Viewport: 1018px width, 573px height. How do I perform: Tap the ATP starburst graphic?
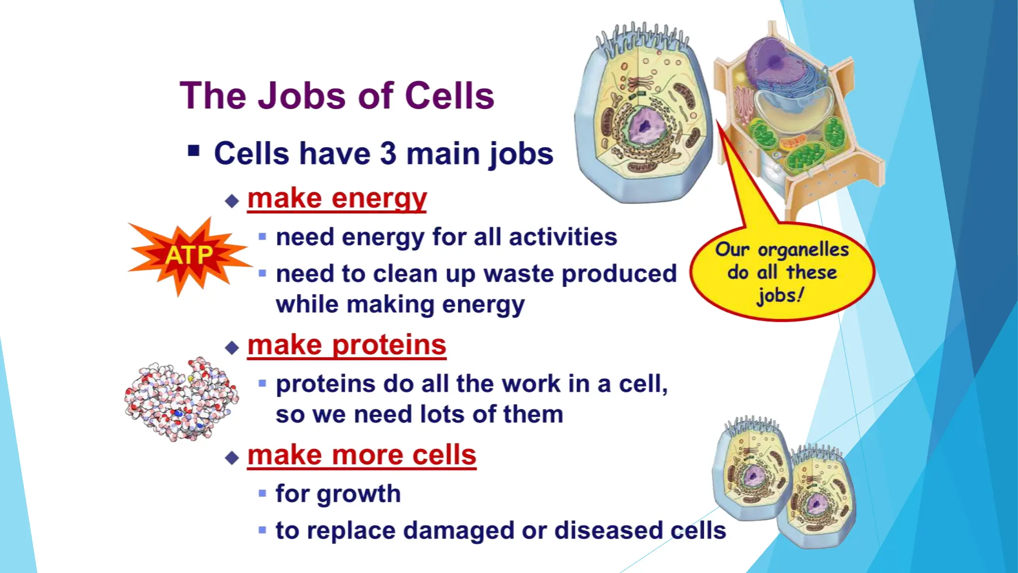pos(189,256)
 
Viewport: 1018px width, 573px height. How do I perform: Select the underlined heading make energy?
pos(337,199)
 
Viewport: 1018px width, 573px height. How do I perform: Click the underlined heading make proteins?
pos(347,345)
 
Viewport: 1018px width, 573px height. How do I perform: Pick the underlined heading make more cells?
pos(362,455)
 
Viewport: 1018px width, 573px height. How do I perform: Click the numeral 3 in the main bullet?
pos(388,153)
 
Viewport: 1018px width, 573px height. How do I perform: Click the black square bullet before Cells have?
pos(194,151)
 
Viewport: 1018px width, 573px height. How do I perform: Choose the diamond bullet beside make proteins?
pos(232,347)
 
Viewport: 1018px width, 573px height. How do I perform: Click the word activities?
pos(563,237)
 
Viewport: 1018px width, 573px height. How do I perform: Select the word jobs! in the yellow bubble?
pos(779,295)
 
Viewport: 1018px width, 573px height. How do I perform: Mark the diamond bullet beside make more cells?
pos(232,458)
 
